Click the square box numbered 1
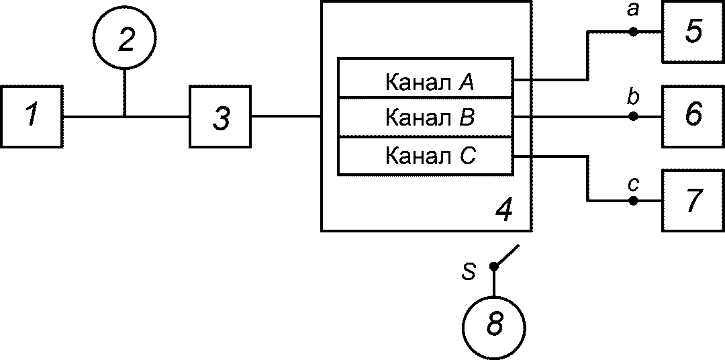pos(31,117)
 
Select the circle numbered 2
pos(125,38)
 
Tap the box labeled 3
pos(220,117)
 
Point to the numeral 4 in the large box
pos(504,210)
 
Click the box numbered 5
pos(693,32)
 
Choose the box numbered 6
pos(693,117)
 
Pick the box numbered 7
pos(693,201)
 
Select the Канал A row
pos(426,78)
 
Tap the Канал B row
pos(426,117)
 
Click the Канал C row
pos(426,156)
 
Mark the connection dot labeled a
pos(634,32)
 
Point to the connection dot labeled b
pos(634,117)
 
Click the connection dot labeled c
pos(634,201)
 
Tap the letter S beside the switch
pos(469,273)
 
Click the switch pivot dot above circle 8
pos(494,266)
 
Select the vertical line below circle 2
pos(124,93)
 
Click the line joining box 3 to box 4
pos(286,116)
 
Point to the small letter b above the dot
pos(634,98)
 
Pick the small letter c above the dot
pos(634,185)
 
